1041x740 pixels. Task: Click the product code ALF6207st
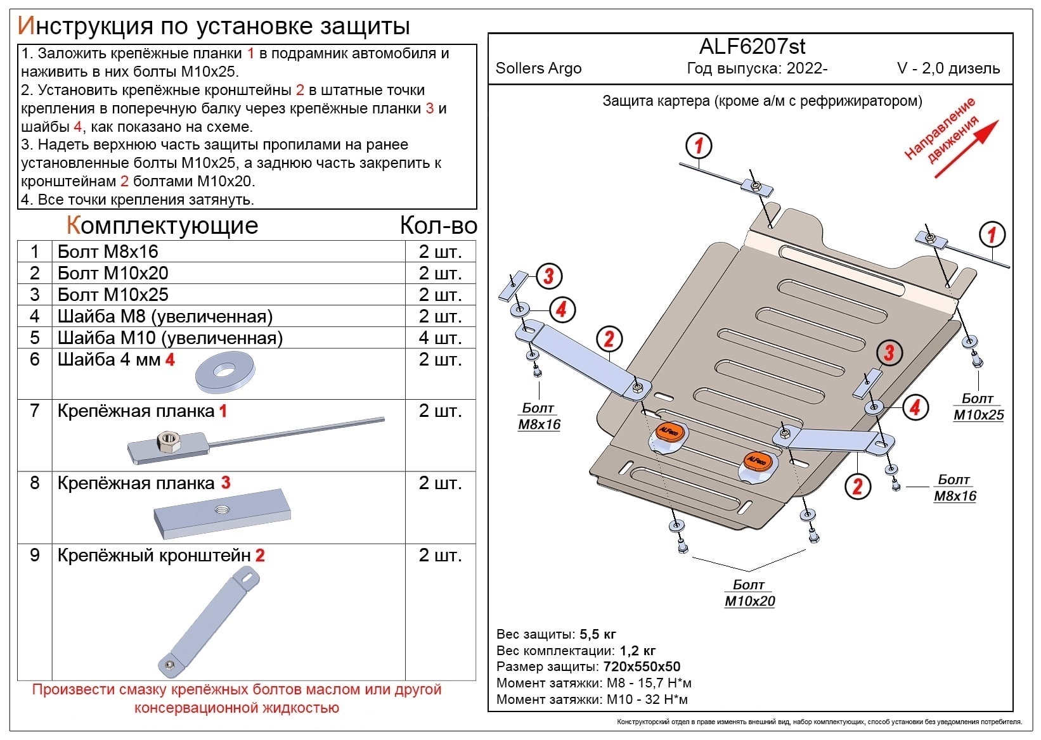[x=752, y=46]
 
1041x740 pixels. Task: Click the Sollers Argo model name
[x=538, y=68]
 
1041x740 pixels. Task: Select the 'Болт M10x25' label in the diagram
[x=978, y=407]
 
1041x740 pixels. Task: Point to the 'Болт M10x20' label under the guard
[x=749, y=593]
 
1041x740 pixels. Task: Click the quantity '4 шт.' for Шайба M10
[x=439, y=338]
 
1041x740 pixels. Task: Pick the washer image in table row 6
[x=225, y=373]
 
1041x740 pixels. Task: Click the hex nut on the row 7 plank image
[x=168, y=440]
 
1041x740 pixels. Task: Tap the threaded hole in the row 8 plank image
[x=223, y=509]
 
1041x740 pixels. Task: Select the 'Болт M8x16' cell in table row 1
[x=108, y=252]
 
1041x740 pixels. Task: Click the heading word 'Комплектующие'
[x=162, y=226]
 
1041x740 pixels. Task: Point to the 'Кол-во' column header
[x=438, y=226]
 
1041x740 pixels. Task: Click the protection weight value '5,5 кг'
[x=597, y=634]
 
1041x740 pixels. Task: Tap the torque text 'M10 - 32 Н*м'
[x=647, y=699]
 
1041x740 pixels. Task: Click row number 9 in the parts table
[x=35, y=556]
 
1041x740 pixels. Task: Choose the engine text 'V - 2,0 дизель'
[x=948, y=68]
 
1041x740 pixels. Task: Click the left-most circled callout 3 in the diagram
[x=548, y=276]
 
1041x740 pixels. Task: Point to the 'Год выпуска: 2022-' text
[x=757, y=68]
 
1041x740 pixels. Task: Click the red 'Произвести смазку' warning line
[x=236, y=690]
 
